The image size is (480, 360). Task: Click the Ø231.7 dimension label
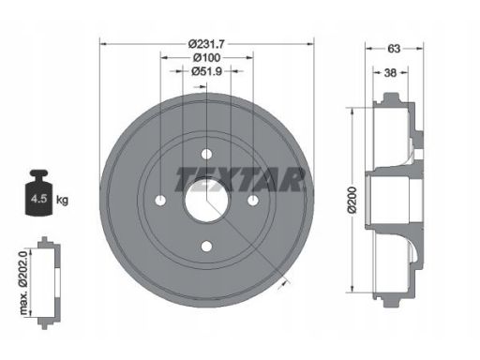pos(206,44)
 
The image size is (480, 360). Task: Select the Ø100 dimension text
pos(206,58)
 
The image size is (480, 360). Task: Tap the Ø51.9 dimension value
pos(206,71)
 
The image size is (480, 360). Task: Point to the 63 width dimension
pos(394,49)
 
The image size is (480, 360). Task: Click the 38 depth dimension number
pos(390,73)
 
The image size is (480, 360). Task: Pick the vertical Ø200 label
pos(352,200)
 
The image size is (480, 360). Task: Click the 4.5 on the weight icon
pos(38,199)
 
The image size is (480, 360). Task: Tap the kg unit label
pos(62,200)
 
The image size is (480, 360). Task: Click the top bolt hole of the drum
pos(206,154)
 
